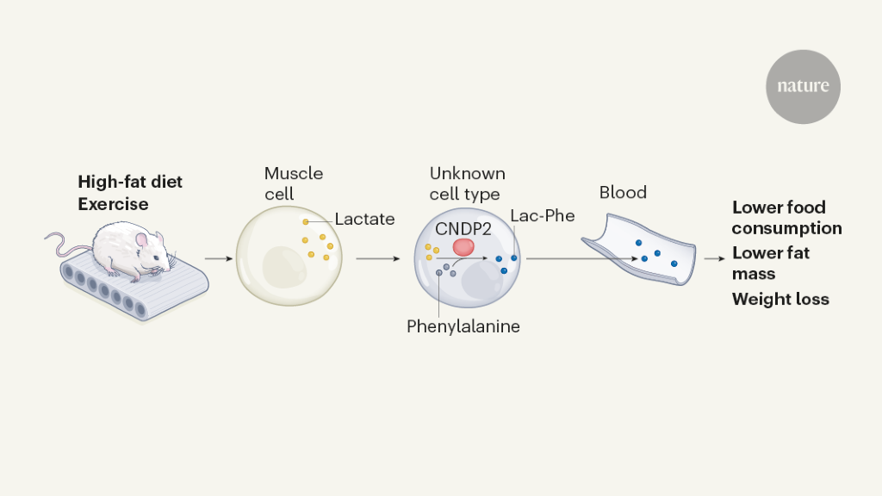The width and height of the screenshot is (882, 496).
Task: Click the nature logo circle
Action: [803, 87]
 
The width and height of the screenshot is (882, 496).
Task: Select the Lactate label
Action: [364, 219]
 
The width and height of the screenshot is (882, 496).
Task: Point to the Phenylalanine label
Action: [463, 326]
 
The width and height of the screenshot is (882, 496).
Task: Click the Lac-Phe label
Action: [542, 215]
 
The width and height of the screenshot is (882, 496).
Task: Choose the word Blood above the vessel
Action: [623, 193]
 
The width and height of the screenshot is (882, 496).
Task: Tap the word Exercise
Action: [113, 204]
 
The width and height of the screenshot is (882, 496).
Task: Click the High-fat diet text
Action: [130, 182]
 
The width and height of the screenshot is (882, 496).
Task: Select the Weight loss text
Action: [780, 300]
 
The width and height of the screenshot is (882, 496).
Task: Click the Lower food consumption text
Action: [786, 218]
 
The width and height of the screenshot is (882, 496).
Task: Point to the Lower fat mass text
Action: [771, 263]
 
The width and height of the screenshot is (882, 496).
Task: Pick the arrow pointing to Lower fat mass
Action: [714, 257]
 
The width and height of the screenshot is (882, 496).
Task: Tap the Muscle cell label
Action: [294, 183]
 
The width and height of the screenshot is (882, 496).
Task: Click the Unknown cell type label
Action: [467, 183]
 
